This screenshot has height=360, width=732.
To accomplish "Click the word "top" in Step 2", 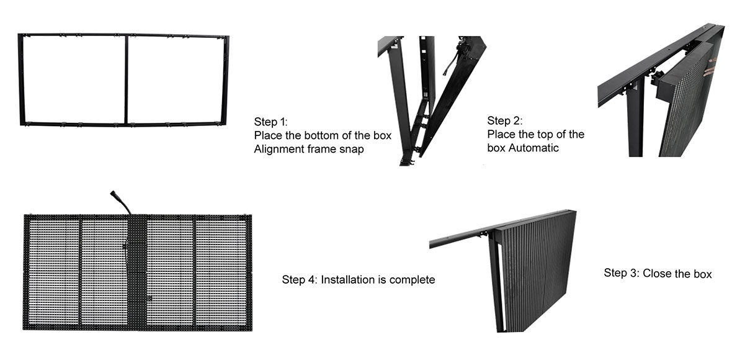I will pos(551,135).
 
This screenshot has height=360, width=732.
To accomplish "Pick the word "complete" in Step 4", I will pos(412,279).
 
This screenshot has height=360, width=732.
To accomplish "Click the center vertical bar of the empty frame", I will pos(126,79).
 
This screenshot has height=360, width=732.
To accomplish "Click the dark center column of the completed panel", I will pos(136,273).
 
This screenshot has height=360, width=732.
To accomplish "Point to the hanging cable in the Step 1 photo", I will pos(449,62).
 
